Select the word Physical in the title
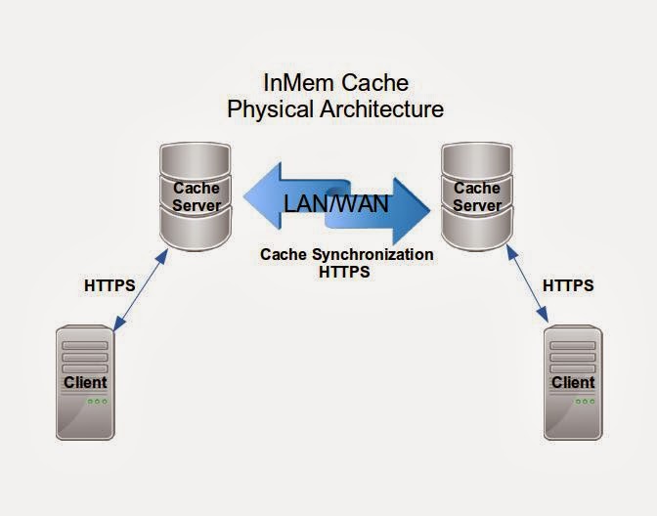pyautogui.click(x=271, y=108)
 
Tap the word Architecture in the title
pyautogui.click(x=381, y=108)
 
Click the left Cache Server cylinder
pyautogui.click(x=197, y=196)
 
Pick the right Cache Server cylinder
pyautogui.click(x=476, y=196)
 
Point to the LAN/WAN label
pyautogui.click(x=335, y=205)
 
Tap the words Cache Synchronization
pyautogui.click(x=346, y=254)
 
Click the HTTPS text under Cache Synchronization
pyautogui.click(x=344, y=272)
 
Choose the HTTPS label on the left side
pyautogui.click(x=109, y=285)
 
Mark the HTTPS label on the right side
pyautogui.click(x=568, y=285)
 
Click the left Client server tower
pyautogui.click(x=85, y=381)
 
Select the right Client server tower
pyautogui.click(x=572, y=381)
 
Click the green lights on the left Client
pyautogui.click(x=96, y=402)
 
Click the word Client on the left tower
pyautogui.click(x=85, y=381)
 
